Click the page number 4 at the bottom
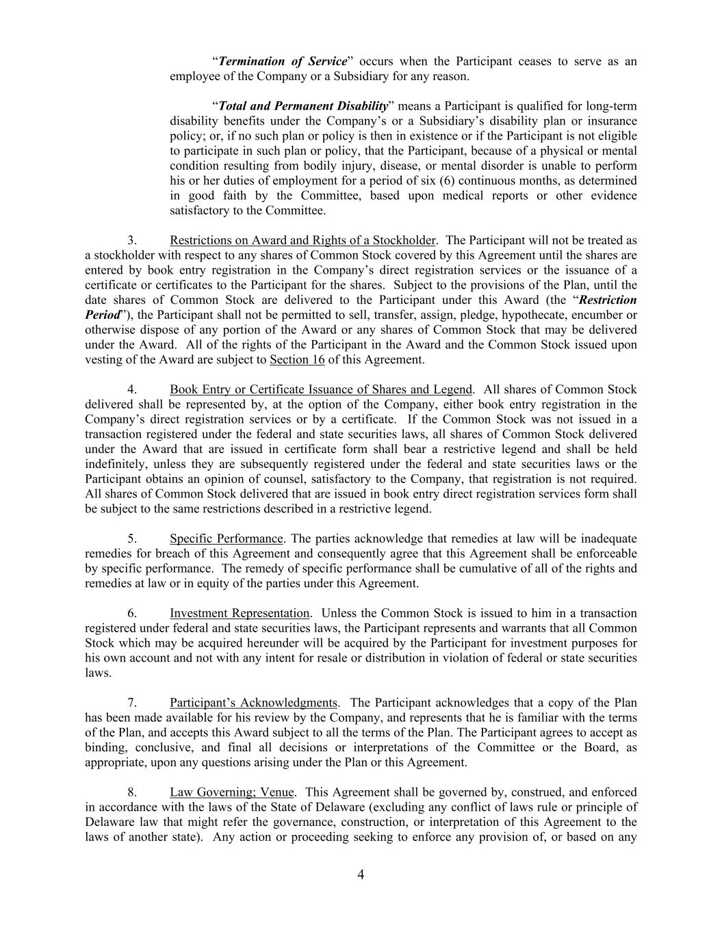361,874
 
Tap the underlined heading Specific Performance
226,539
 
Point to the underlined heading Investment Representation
240,613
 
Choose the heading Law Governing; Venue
232,792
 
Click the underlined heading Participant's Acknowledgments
253,703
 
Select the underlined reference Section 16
297,360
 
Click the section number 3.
132,240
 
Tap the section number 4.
132,389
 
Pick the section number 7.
132,703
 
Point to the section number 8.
132,792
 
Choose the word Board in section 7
595,747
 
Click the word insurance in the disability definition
614,121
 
